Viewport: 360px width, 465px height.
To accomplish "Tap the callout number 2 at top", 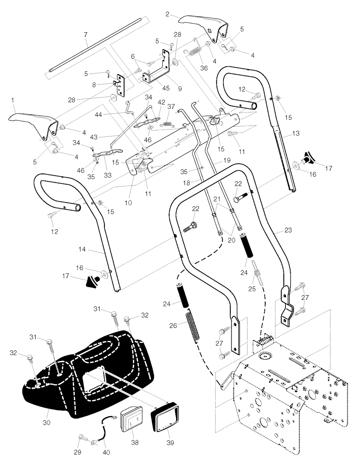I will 167,14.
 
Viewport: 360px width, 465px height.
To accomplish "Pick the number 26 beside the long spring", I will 173,325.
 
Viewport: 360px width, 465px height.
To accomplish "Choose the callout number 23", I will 288,231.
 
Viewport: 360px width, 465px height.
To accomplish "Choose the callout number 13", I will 296,134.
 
